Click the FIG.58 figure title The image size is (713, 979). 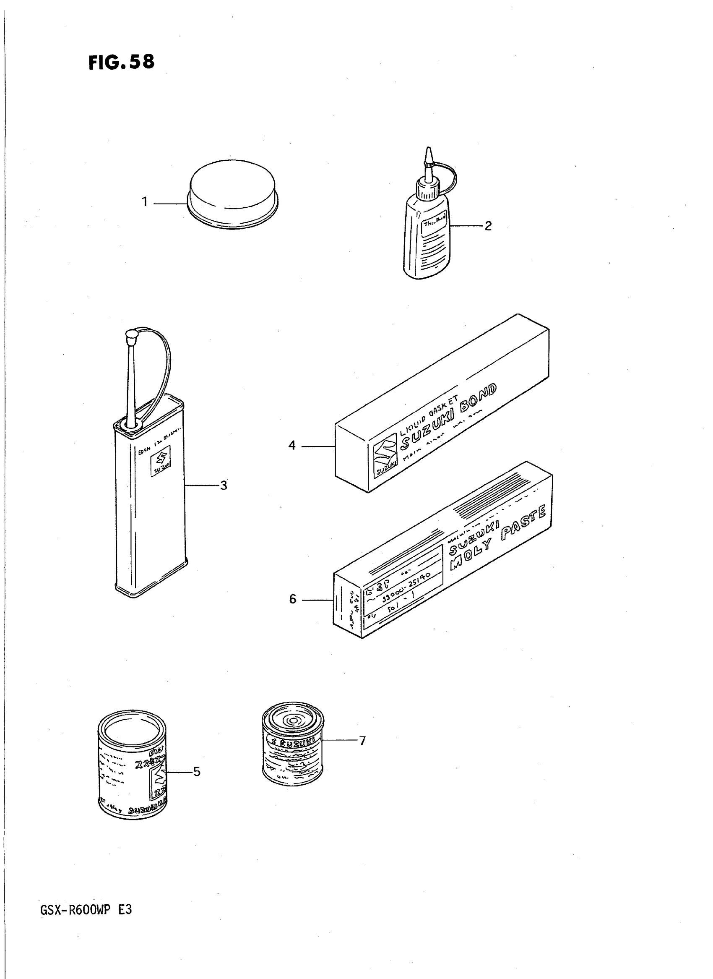(x=121, y=62)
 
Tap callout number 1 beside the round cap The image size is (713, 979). (x=145, y=202)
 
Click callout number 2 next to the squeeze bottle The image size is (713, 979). (x=488, y=226)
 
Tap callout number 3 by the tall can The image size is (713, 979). (x=224, y=486)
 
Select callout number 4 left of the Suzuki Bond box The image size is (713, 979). (x=292, y=445)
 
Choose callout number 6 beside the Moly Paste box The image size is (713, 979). (x=293, y=599)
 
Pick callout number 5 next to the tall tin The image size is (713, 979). (x=197, y=772)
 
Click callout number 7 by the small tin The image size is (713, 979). (x=362, y=741)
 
